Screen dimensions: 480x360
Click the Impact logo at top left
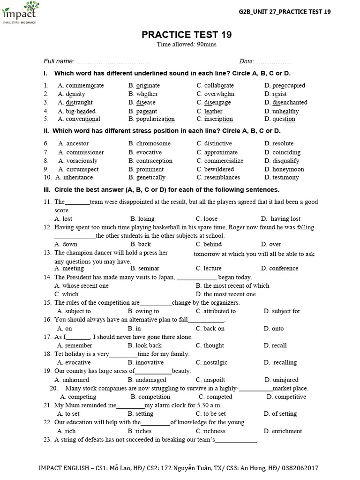(x=20, y=13)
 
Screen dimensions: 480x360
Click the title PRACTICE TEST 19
(x=187, y=35)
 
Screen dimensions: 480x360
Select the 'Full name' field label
(x=59, y=61)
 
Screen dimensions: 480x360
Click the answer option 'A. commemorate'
(x=81, y=85)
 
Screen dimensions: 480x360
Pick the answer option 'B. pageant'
(x=142, y=111)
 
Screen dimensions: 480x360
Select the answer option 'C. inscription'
(x=215, y=119)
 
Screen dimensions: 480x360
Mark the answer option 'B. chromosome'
(x=150, y=143)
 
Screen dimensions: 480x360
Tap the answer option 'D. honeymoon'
(x=284, y=169)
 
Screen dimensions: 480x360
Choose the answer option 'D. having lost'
(x=281, y=219)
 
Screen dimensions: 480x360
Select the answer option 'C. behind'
(x=209, y=244)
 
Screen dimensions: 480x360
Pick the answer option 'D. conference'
(x=280, y=269)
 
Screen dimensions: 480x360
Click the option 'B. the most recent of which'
(x=232, y=285)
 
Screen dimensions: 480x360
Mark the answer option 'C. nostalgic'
(x=212, y=362)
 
